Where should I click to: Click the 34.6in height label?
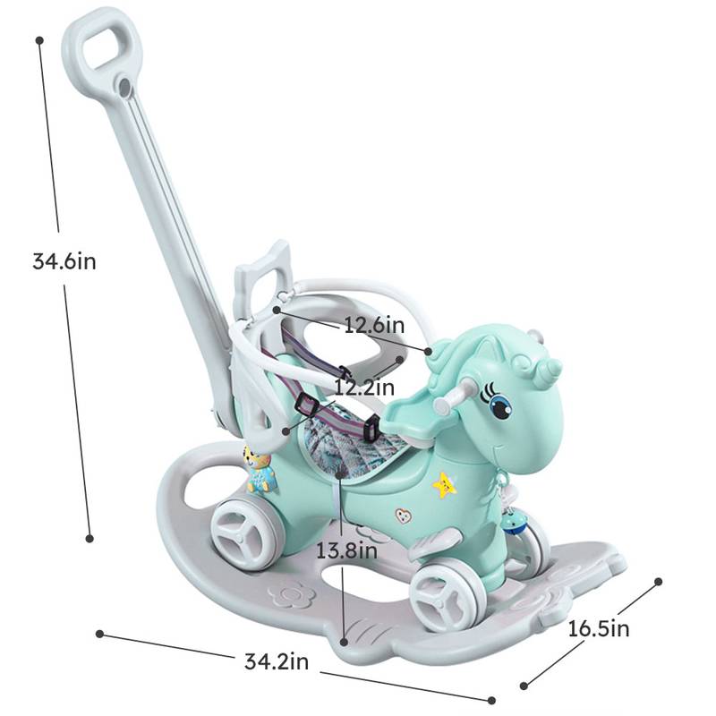tap(64, 261)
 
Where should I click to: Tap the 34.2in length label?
tap(277, 661)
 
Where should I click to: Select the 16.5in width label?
tap(599, 628)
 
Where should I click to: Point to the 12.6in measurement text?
tap(374, 326)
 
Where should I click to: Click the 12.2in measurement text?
tap(364, 388)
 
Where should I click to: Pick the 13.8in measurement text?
tap(346, 550)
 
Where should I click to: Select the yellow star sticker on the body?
tap(444, 485)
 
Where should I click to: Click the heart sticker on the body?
tap(405, 516)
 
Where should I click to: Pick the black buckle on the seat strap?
tap(303, 407)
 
